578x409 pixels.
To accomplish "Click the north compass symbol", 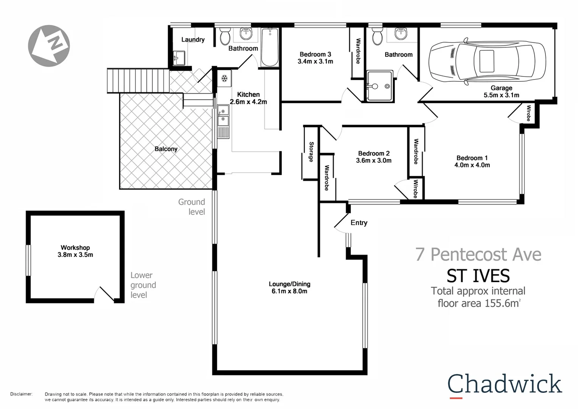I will (49, 46).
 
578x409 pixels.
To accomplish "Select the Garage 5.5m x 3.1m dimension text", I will (501, 95).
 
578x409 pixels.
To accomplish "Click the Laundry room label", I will (193, 39).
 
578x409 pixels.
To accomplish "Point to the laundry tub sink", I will (179, 58).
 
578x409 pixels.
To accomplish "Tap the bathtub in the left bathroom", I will (270, 48).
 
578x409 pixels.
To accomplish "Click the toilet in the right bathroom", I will (377, 36).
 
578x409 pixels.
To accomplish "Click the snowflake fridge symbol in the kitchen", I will (224, 79).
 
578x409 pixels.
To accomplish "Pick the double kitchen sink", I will (223, 116).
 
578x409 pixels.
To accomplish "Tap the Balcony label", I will (166, 149).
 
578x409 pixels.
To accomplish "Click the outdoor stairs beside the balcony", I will (138, 80).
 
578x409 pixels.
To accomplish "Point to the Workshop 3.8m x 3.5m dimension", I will (75, 255).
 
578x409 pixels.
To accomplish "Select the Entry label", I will (359, 223).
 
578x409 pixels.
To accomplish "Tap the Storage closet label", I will (311, 152).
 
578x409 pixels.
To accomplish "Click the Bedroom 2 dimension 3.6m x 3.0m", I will (374, 161).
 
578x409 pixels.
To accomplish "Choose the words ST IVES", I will (478, 276).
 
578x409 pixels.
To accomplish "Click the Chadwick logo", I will (505, 384).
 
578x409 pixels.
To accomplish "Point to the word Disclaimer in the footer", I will (22, 394).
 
